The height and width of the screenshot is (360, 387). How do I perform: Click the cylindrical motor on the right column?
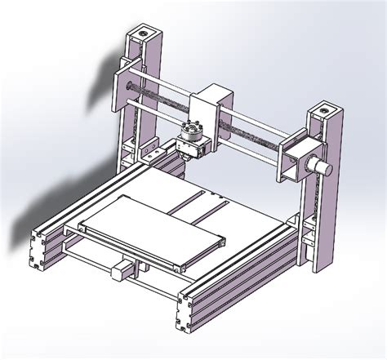pos(322,167)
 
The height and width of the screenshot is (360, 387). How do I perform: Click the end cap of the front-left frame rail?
pos(39,249)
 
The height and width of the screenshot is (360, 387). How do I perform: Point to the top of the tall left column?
pos(145,36)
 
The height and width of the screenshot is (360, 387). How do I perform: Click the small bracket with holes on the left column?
pos(151,151)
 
